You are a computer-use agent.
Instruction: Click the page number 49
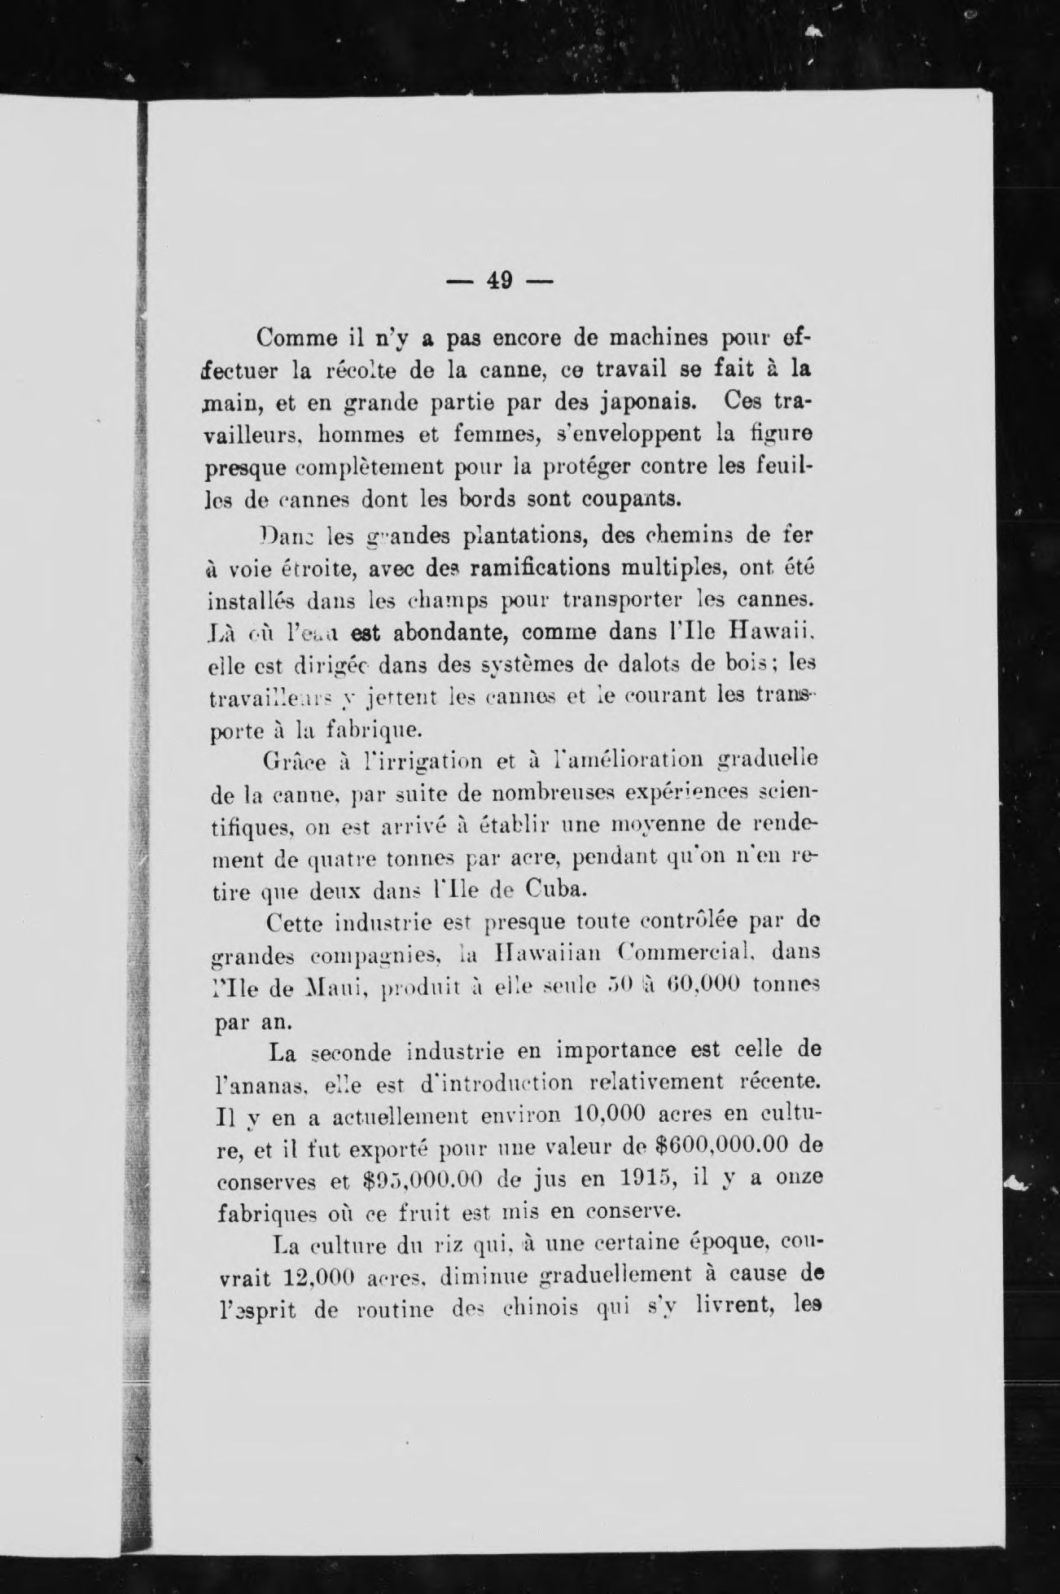(499, 281)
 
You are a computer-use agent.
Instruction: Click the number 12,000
(309, 1276)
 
